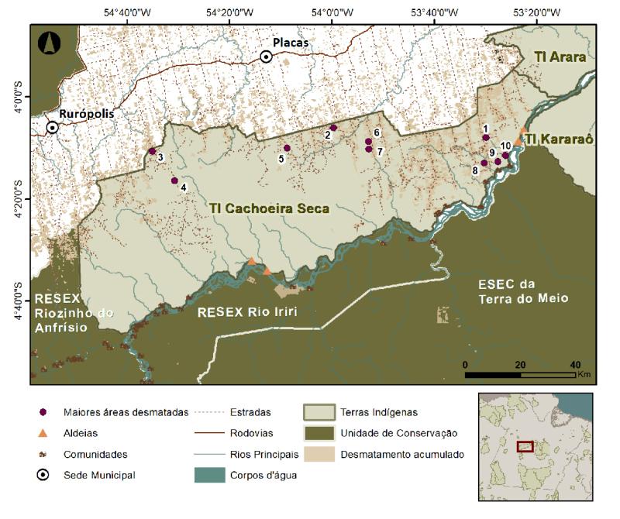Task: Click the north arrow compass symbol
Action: coord(48,42)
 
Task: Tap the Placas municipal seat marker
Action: coord(266,57)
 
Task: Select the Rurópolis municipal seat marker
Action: coord(53,128)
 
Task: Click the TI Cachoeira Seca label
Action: coord(268,208)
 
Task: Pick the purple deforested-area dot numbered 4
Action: coord(174,180)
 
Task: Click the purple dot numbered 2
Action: coord(333,128)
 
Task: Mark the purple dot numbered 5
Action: coord(287,148)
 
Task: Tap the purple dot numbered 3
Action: coord(152,151)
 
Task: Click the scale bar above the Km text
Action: coord(519,375)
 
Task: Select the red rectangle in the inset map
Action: coord(525,447)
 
